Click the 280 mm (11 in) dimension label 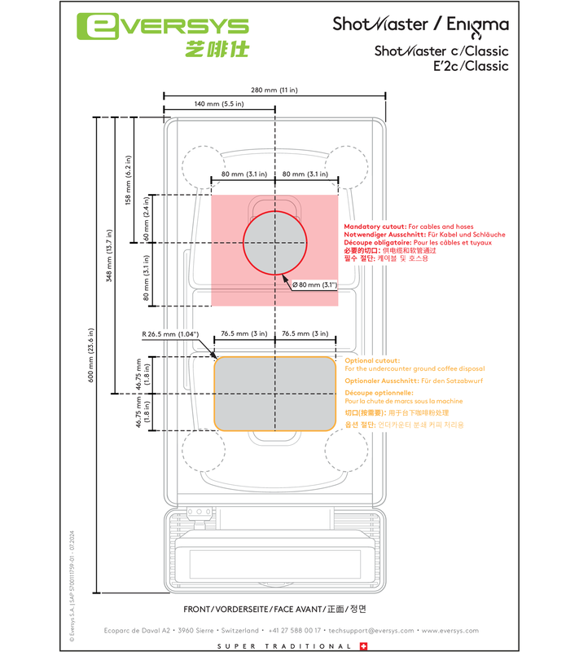[x=275, y=89]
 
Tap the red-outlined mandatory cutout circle [x=275, y=243]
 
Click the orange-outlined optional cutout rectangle [x=274, y=393]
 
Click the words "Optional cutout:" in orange [x=372, y=360]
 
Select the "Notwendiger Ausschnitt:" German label [x=381, y=235]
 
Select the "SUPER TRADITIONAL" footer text [x=284, y=646]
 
